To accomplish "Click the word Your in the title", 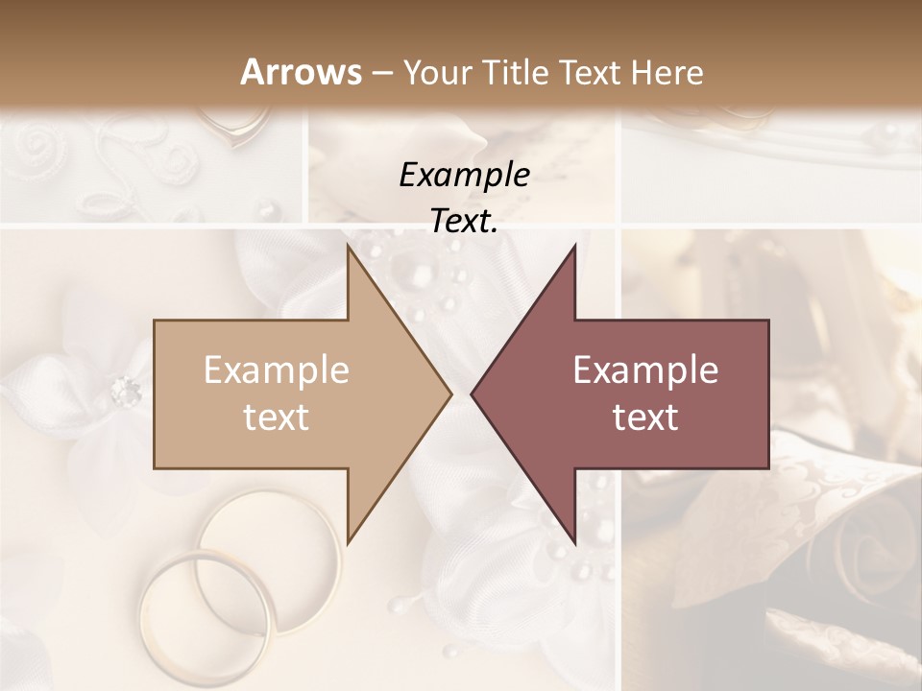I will tap(436, 72).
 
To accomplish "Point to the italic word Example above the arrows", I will tap(465, 176).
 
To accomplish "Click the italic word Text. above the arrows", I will tap(465, 222).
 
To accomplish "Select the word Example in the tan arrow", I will tap(277, 370).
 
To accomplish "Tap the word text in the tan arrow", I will tap(277, 417).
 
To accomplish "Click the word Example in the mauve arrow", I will tap(645, 370).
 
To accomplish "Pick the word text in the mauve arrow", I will tap(645, 417).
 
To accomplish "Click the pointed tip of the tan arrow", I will tap(449, 393).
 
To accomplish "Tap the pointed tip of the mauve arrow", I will tap(473, 393).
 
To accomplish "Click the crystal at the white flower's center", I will tap(125, 390).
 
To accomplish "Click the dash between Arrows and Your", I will tap(381, 73).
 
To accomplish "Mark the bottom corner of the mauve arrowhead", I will tap(574, 542).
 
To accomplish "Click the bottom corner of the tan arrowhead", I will tap(348, 542).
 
